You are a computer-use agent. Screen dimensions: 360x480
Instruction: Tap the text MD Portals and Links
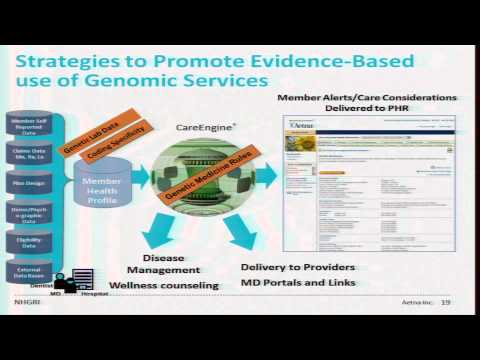[x=298, y=282]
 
